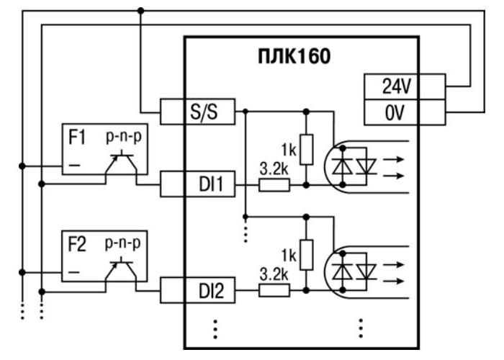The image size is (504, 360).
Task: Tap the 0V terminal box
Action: click(395, 111)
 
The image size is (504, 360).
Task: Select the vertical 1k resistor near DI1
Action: click(307, 149)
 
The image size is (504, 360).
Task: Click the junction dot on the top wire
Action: click(141, 11)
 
